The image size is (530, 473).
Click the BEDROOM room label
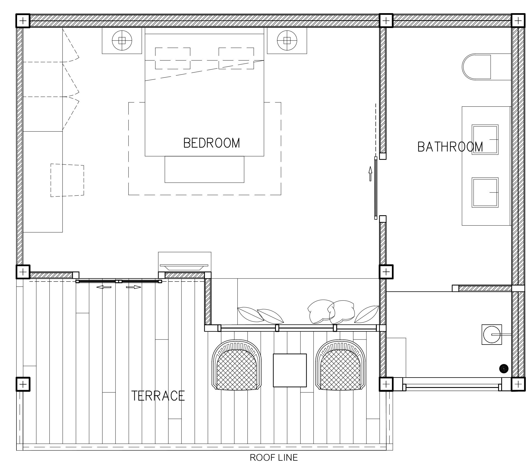(212, 143)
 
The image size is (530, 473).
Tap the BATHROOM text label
(450, 147)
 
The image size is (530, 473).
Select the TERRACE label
(158, 396)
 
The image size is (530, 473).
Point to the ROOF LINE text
(274, 457)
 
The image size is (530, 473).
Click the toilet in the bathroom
(477, 67)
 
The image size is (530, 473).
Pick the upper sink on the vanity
(485, 139)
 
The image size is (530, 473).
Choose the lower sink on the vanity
(485, 193)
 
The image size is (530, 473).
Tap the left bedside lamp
(122, 41)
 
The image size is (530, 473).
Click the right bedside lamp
(287, 41)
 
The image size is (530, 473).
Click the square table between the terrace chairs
(290, 370)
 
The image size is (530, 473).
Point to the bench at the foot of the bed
(204, 169)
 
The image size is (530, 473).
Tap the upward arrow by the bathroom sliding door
(370, 174)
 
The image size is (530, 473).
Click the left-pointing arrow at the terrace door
(104, 287)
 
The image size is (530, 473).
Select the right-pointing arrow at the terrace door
(134, 287)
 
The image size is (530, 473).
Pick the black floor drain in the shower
(504, 369)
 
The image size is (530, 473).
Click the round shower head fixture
(492, 334)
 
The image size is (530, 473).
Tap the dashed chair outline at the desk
(67, 180)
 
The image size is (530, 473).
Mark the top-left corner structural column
(23, 21)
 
